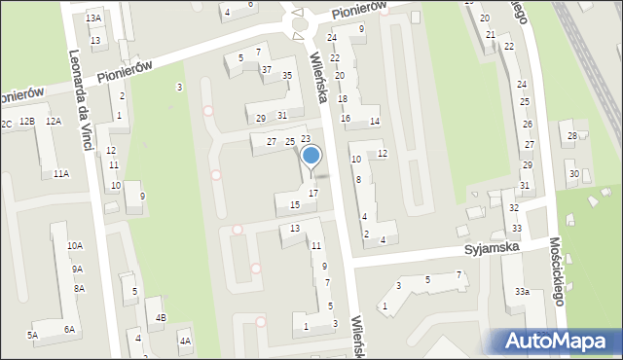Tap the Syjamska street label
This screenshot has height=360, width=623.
493,248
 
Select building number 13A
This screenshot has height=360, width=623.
93,18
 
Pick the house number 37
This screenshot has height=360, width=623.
266,70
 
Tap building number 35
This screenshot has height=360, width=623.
287,76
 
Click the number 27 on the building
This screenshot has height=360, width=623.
272,142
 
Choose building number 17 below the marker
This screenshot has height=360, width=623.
312,194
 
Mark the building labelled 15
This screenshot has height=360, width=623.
294,204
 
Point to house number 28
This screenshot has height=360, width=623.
572,135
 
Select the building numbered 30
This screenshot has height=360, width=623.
573,174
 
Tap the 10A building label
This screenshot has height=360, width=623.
75,246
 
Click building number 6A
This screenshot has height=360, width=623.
69,330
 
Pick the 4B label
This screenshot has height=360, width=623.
162,317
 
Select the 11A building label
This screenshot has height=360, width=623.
61,173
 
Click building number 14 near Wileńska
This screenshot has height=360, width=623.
374,121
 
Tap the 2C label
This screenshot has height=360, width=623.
6,124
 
